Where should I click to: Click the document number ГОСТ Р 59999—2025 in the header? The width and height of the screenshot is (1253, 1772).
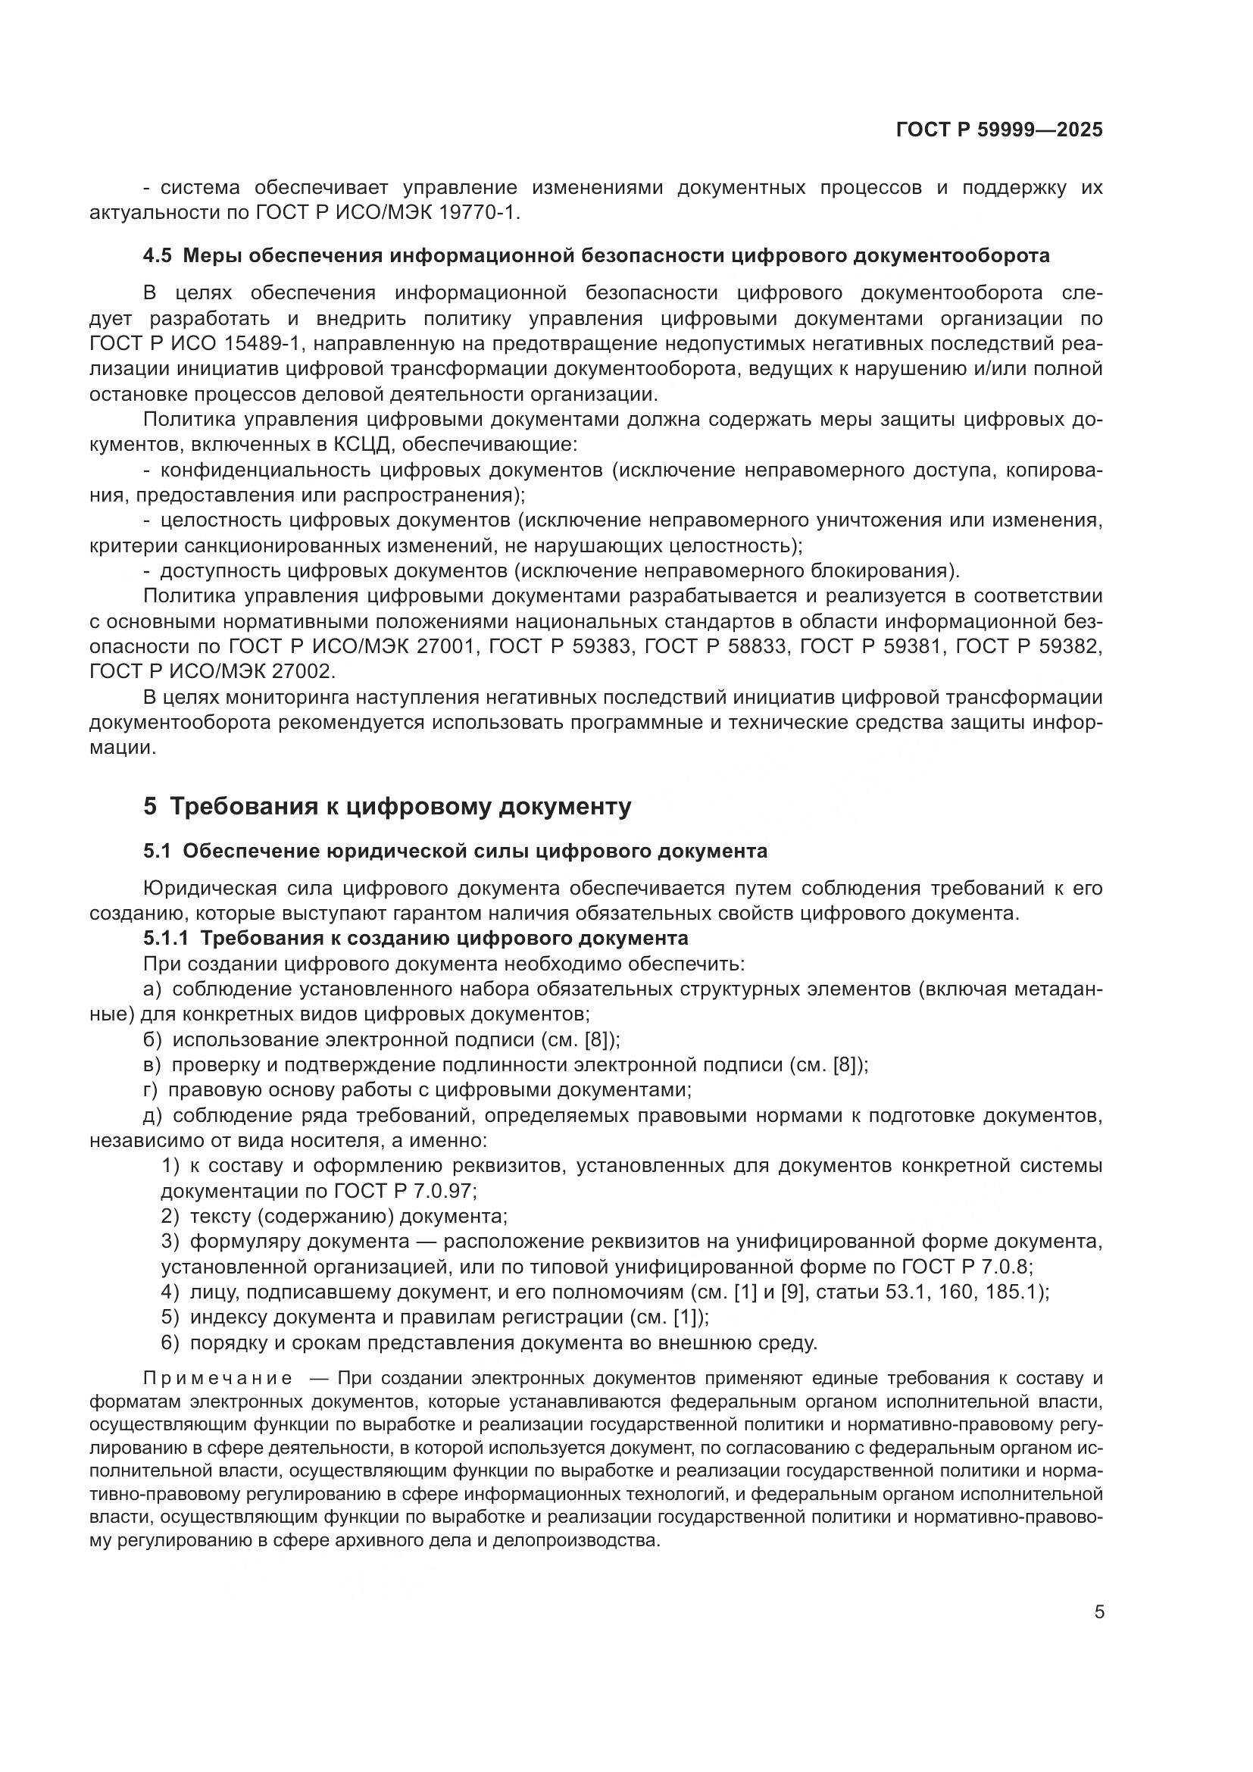point(999,130)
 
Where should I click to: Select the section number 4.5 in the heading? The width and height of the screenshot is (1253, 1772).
point(158,256)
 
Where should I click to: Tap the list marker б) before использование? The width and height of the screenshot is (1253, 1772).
point(153,1039)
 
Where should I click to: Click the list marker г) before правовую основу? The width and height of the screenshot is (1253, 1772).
point(152,1089)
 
